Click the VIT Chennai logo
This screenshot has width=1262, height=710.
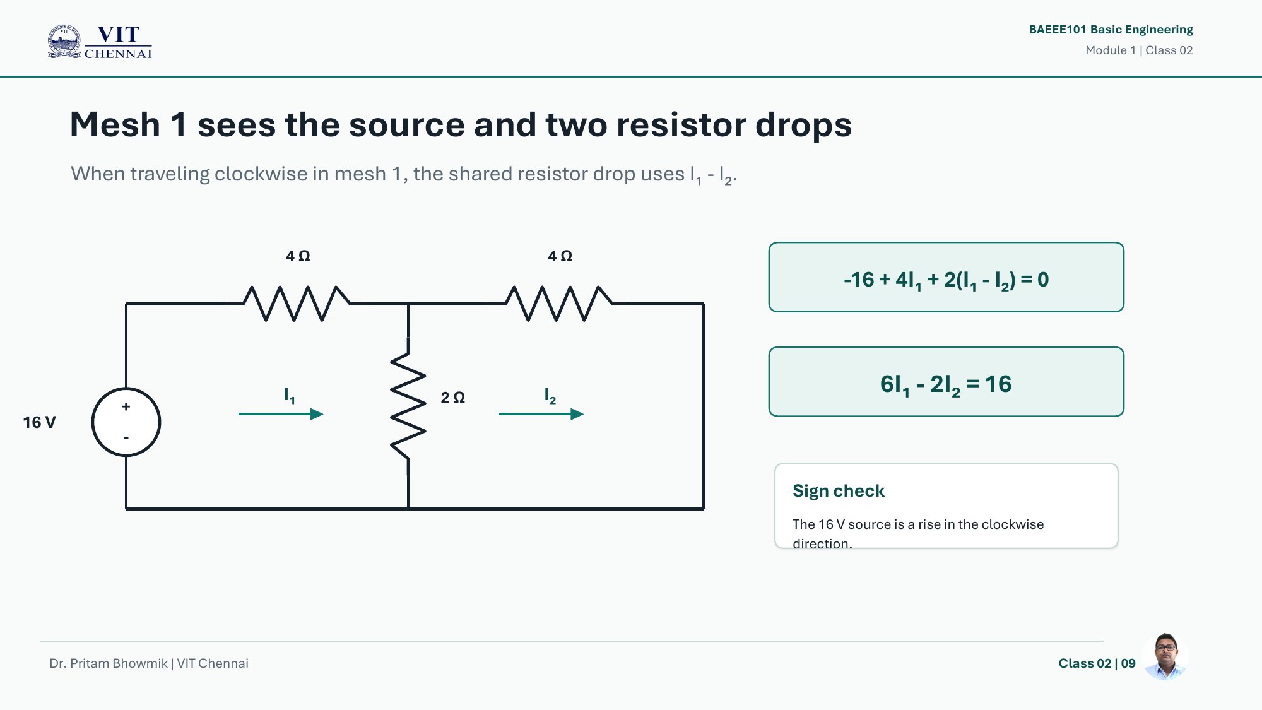coord(100,42)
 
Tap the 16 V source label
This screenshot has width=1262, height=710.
coord(39,422)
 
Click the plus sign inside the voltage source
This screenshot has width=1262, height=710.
coord(126,406)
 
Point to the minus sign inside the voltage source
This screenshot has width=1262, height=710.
coord(126,437)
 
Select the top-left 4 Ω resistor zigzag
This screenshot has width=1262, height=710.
coord(296,304)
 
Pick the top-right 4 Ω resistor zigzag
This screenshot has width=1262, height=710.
coord(558,304)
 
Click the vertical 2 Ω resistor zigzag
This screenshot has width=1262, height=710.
coord(408,406)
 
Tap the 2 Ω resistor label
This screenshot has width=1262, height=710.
coord(452,398)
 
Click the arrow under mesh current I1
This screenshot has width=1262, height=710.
coord(281,414)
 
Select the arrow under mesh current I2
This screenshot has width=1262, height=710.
coord(541,414)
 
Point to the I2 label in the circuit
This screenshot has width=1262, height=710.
coord(550,396)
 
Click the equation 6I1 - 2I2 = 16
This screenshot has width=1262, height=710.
coord(946,384)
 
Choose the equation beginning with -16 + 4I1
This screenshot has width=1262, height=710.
coord(946,280)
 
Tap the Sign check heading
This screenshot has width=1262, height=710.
coord(839,491)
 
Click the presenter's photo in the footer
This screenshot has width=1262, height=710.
coord(1165,656)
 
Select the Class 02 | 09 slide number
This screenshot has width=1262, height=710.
coord(1097,663)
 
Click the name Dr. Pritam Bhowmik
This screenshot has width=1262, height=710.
coord(109,663)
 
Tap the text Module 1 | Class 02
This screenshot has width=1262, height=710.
coord(1139,50)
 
